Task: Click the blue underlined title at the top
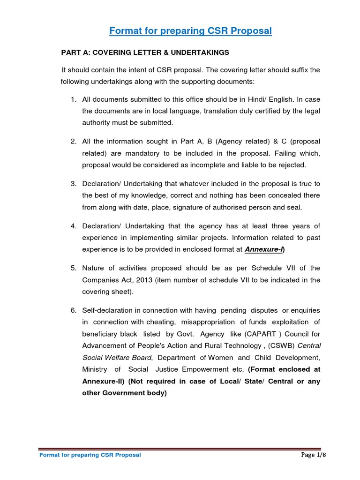[190, 31]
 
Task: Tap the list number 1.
[73, 99]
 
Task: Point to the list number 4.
[73, 226]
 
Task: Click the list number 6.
[73, 310]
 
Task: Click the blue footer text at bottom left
[90, 455]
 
